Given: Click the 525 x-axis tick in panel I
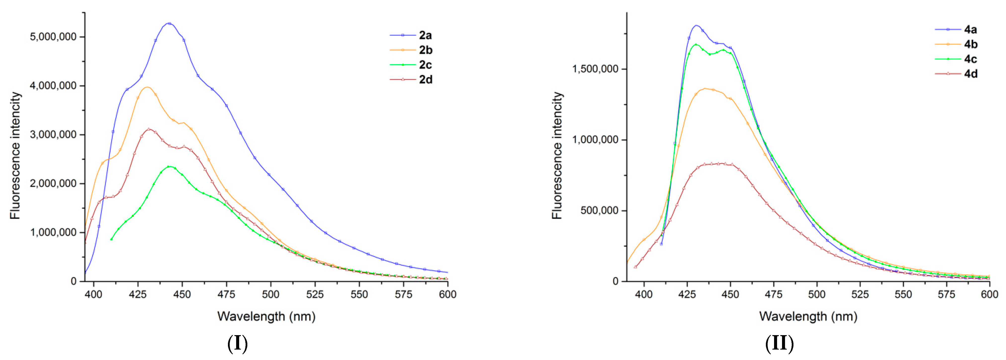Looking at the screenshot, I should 315,294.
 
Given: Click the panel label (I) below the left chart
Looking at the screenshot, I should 237,344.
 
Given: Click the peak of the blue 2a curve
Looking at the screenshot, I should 169,23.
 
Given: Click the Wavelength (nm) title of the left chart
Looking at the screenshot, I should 266,316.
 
